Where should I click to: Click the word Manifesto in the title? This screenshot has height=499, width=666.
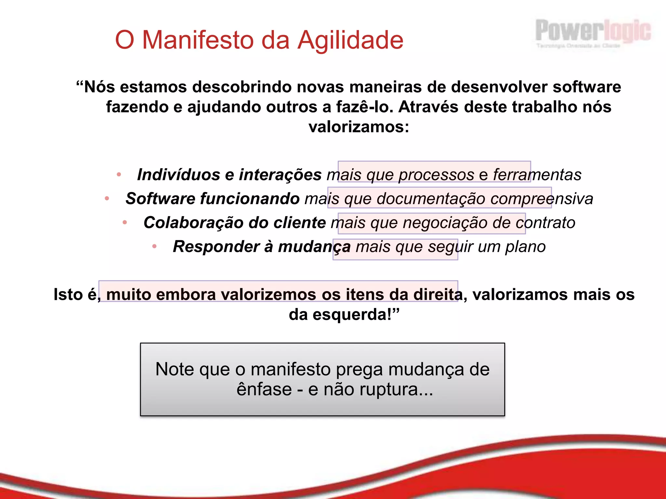198,40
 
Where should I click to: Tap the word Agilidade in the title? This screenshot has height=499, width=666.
350,40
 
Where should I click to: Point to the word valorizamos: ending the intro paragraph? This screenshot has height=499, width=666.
359,127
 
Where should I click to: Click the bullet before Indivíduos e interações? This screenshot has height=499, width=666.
119,174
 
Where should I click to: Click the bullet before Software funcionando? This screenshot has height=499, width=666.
107,198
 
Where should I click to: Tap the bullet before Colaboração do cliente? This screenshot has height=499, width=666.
125,223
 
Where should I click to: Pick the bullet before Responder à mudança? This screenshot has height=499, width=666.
154,247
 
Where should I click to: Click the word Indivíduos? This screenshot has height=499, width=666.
179,174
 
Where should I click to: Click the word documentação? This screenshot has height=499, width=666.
431,198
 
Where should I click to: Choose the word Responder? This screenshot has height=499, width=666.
216,247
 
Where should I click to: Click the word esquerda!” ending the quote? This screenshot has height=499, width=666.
356,314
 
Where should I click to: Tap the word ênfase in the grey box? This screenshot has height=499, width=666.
264,389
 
